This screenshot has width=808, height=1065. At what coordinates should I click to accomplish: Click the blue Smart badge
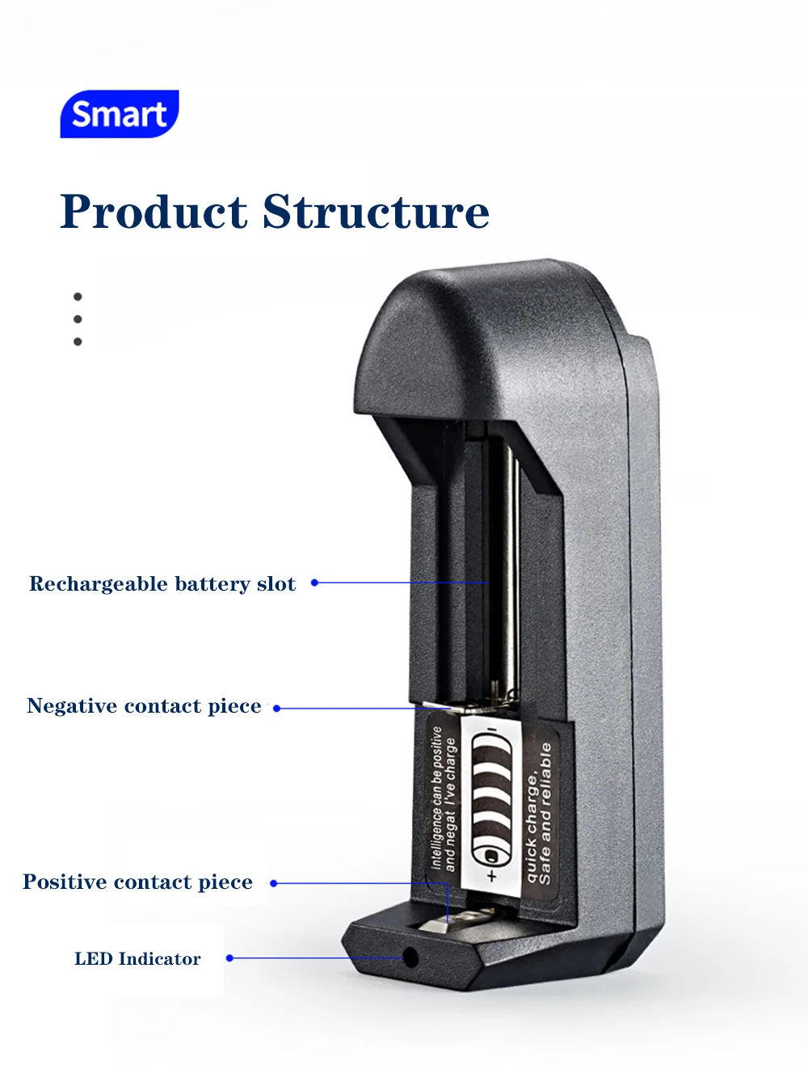[x=119, y=114]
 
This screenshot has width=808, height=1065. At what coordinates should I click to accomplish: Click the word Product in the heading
[x=154, y=212]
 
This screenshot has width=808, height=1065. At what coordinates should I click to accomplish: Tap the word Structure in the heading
[x=376, y=212]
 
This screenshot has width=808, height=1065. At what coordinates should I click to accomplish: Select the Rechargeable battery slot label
[x=162, y=583]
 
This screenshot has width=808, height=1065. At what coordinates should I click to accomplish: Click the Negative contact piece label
[x=144, y=705]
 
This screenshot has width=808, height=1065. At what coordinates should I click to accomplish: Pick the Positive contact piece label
[x=137, y=882]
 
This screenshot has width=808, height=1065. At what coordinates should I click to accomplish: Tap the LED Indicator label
[x=137, y=959]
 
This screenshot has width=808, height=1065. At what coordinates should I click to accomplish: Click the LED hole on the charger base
[x=410, y=958]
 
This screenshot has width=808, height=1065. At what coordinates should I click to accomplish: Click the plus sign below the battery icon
[x=492, y=876]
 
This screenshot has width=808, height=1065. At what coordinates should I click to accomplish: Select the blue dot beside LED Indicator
[x=229, y=958]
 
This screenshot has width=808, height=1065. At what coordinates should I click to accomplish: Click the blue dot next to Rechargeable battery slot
[x=314, y=583]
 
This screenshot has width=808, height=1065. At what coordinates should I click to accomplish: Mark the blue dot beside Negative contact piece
[x=276, y=709]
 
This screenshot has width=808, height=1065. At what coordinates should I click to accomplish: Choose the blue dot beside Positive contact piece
[x=273, y=883]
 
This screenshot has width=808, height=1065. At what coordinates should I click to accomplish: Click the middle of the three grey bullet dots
[x=78, y=319]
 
